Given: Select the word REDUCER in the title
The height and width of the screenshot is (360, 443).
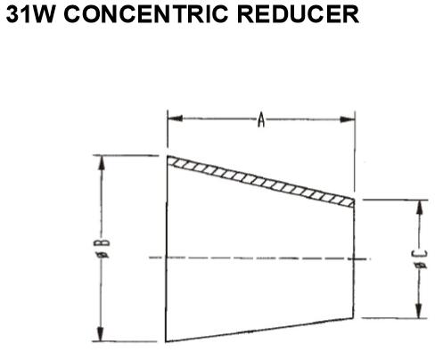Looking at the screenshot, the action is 298,14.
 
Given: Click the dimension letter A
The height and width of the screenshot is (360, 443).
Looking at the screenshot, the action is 261,119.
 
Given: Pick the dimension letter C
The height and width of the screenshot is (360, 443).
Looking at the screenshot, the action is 421,255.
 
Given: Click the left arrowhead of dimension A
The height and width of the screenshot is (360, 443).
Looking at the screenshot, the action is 176,119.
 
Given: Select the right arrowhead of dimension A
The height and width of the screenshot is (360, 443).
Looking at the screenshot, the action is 348,119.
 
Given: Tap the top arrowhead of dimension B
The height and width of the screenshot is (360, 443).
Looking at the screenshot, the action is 102,163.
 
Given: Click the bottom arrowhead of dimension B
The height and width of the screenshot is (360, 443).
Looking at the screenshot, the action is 101,334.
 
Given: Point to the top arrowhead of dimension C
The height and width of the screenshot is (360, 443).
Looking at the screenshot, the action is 419,208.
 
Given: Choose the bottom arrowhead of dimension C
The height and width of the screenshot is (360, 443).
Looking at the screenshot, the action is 418,311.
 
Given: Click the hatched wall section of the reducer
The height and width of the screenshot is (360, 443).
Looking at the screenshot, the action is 261,181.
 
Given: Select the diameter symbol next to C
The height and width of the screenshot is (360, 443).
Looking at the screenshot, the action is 421,266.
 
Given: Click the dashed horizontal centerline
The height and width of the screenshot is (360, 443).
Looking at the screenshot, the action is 260,258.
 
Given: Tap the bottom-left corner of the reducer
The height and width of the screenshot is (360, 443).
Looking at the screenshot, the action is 166,342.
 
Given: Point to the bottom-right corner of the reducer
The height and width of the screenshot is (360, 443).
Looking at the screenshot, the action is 353,318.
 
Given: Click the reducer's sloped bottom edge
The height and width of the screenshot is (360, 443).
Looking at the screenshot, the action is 259,330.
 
